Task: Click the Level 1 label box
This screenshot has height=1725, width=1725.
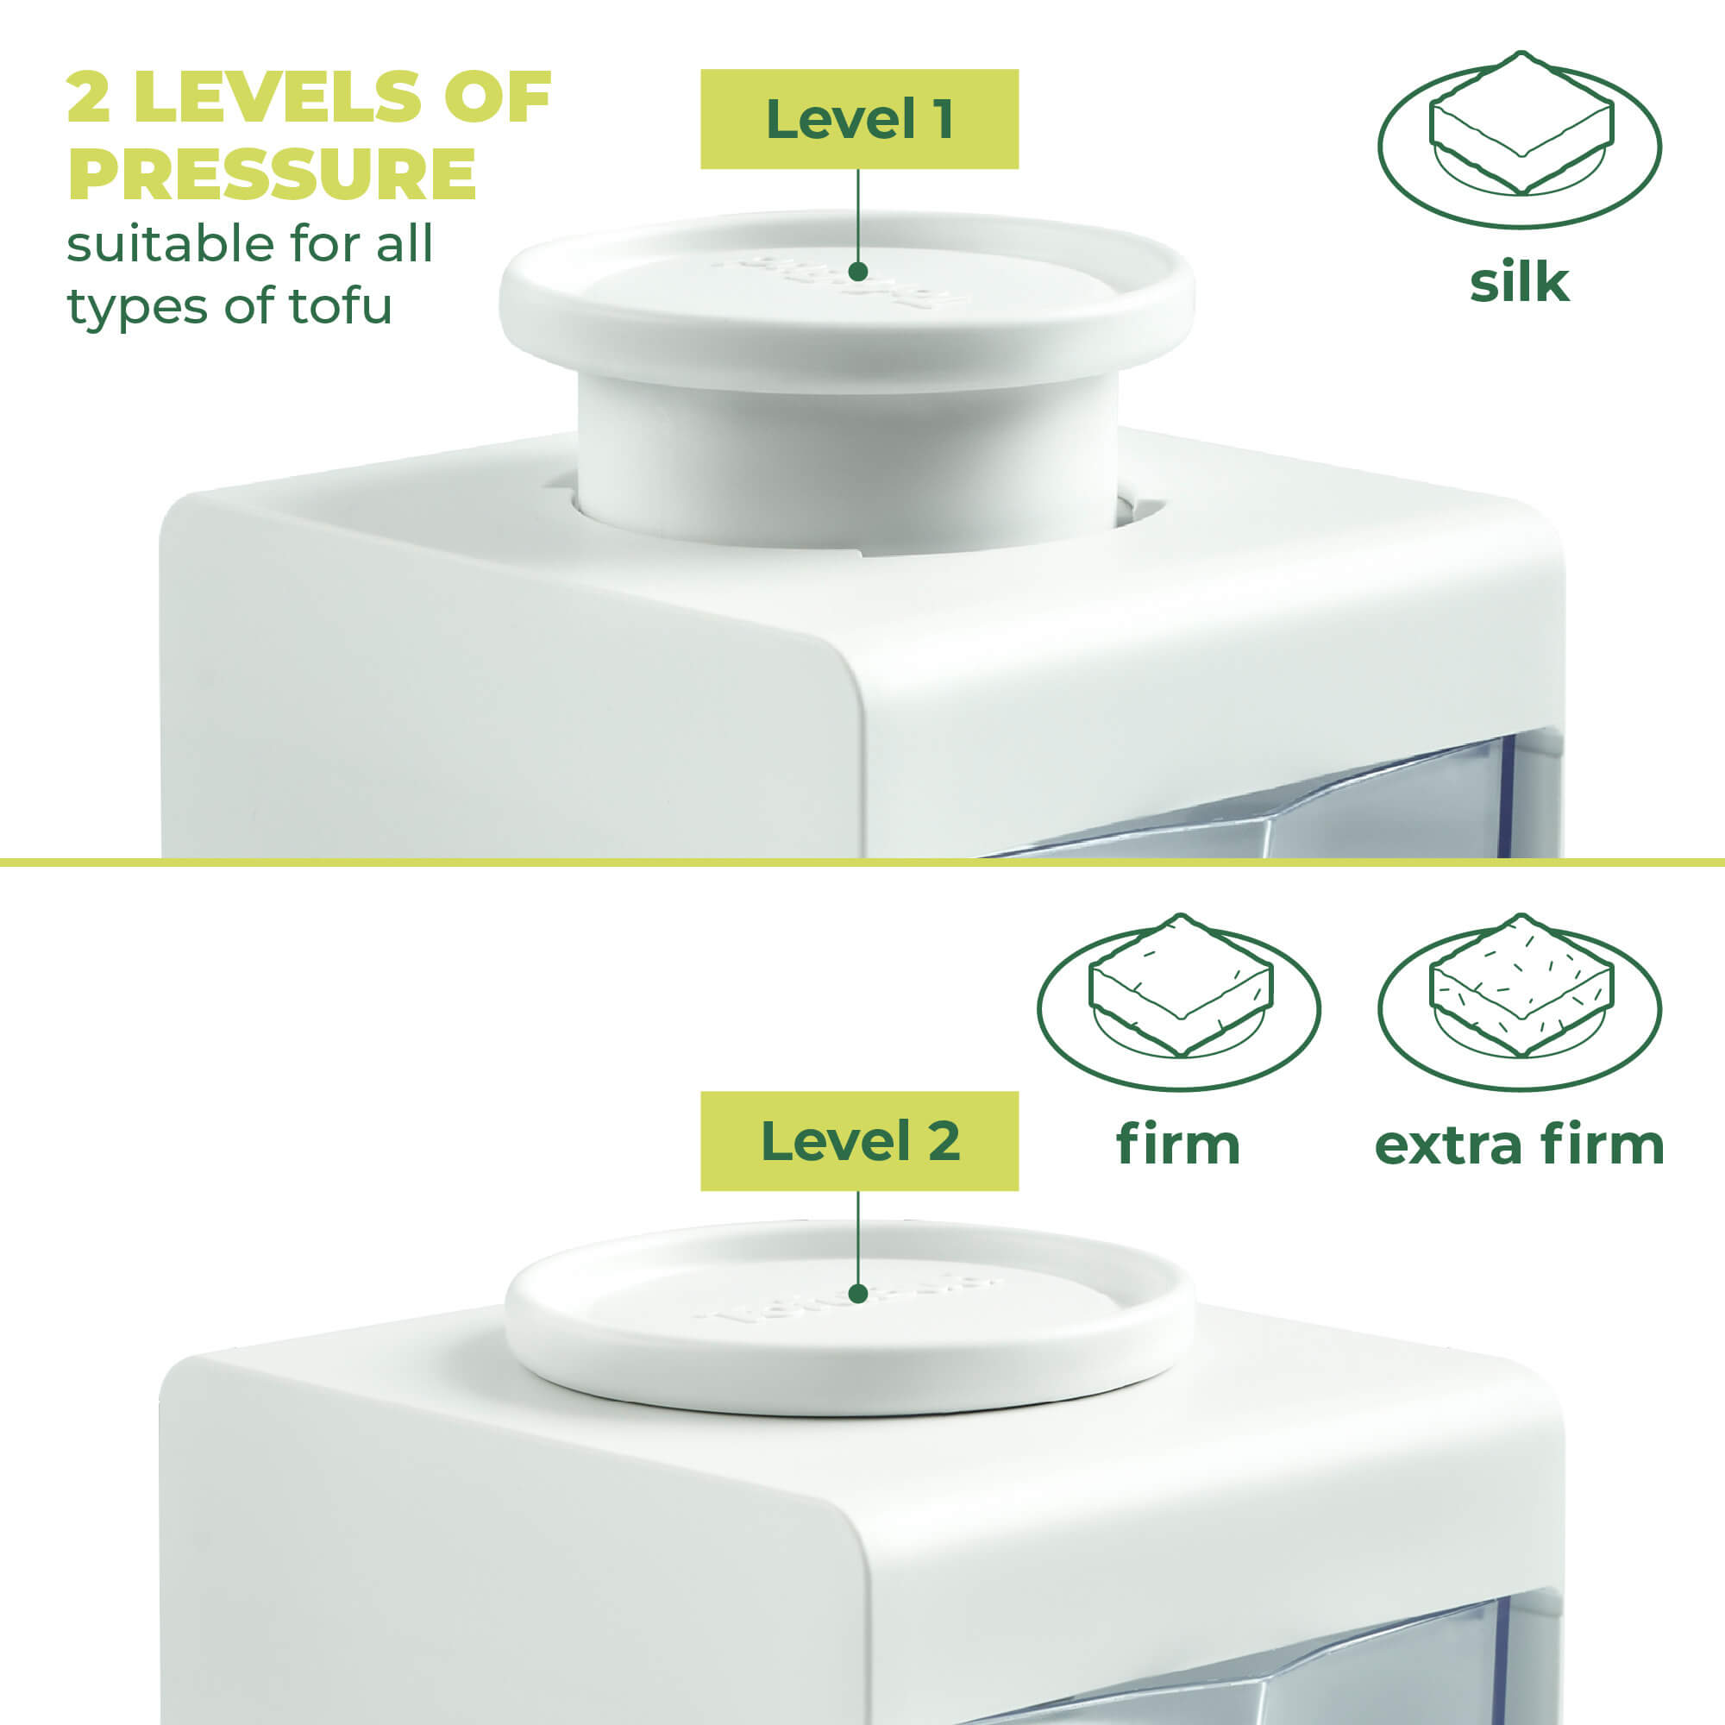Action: [x=859, y=119]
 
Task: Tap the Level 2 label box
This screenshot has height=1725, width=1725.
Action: [x=859, y=1141]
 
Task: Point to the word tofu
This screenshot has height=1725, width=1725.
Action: [x=340, y=306]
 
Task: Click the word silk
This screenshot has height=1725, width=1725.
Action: [x=1519, y=282]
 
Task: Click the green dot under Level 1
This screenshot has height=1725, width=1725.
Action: [x=858, y=272]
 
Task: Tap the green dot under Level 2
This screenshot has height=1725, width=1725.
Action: [x=858, y=1294]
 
